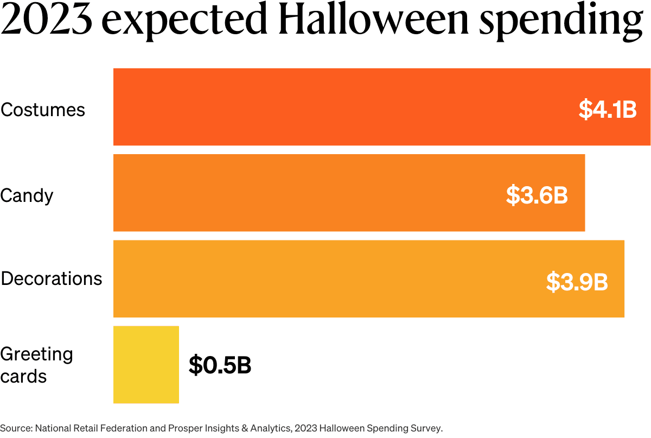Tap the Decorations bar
click(x=325, y=278)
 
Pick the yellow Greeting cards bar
click(x=146, y=364)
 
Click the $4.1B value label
click(x=607, y=110)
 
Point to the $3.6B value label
click(x=537, y=195)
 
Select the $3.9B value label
click(x=577, y=282)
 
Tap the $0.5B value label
click(x=220, y=365)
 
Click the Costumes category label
click(x=43, y=110)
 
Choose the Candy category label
click(x=27, y=195)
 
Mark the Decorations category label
click(x=52, y=278)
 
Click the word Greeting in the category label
click(x=36, y=354)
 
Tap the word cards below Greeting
click(x=23, y=376)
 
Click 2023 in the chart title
click(x=48, y=20)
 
